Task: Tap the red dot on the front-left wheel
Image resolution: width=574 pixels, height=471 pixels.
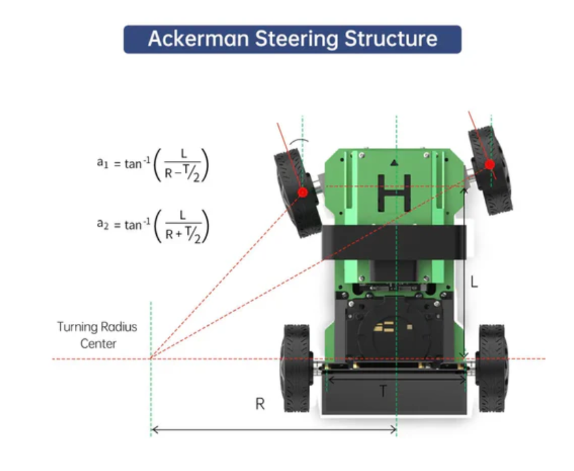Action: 303,192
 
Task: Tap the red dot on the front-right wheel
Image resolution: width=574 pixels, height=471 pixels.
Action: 489,164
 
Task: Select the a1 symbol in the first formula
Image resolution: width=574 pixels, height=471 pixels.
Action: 101,162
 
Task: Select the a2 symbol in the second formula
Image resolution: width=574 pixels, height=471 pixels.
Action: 101,224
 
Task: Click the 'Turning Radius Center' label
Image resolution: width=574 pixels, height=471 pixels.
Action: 97,334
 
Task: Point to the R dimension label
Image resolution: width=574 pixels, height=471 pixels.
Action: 260,404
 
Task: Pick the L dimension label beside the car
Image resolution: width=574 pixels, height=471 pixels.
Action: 474,282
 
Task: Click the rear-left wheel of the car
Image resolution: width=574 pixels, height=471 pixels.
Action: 296,368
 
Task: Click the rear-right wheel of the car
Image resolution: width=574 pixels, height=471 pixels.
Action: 492,368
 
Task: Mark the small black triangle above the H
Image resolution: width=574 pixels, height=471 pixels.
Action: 393,162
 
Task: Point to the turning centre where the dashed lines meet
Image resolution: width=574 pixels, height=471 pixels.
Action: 151,359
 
